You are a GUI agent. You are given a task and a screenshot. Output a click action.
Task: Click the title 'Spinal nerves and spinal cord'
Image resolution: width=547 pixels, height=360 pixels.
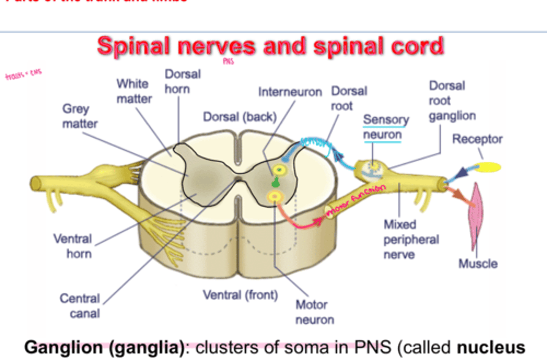click(270, 46)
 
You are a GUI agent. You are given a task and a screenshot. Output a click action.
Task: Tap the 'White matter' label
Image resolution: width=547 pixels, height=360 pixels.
click(134, 91)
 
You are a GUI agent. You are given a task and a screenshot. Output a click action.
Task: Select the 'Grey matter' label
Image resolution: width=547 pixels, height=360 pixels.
click(79, 116)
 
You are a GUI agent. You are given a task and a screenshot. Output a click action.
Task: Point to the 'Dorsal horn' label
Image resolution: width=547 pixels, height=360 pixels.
click(182, 81)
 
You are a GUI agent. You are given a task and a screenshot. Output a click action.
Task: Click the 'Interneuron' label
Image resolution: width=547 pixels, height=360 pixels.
click(290, 92)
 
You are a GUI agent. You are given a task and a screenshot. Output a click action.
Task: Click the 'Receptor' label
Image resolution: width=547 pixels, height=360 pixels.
click(477, 139)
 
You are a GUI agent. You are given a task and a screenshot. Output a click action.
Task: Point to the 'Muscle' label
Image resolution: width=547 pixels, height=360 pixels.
click(477, 263)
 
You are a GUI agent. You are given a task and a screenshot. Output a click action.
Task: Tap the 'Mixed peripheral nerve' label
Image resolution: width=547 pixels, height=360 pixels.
click(411, 239)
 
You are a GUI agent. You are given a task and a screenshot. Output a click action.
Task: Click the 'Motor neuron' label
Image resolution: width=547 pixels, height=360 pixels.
click(314, 312)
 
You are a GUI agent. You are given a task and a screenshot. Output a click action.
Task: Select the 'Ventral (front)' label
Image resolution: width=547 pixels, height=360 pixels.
click(240, 295)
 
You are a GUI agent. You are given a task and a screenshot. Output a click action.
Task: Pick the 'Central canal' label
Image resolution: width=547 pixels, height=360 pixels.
click(80, 306)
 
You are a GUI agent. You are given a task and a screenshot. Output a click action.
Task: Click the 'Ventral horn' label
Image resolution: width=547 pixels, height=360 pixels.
click(73, 246)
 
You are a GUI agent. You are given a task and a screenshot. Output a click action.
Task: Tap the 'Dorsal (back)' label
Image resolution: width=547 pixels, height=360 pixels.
click(239, 117)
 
